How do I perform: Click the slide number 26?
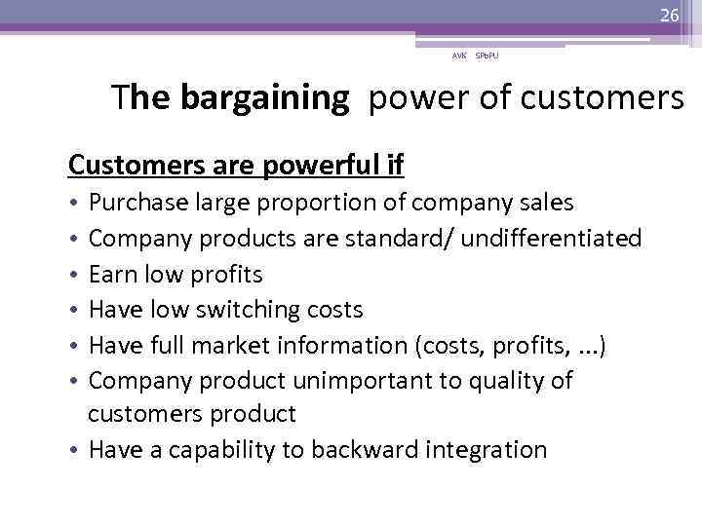(669, 15)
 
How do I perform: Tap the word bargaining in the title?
(263, 98)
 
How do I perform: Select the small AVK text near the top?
(458, 56)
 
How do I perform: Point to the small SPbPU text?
(486, 56)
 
